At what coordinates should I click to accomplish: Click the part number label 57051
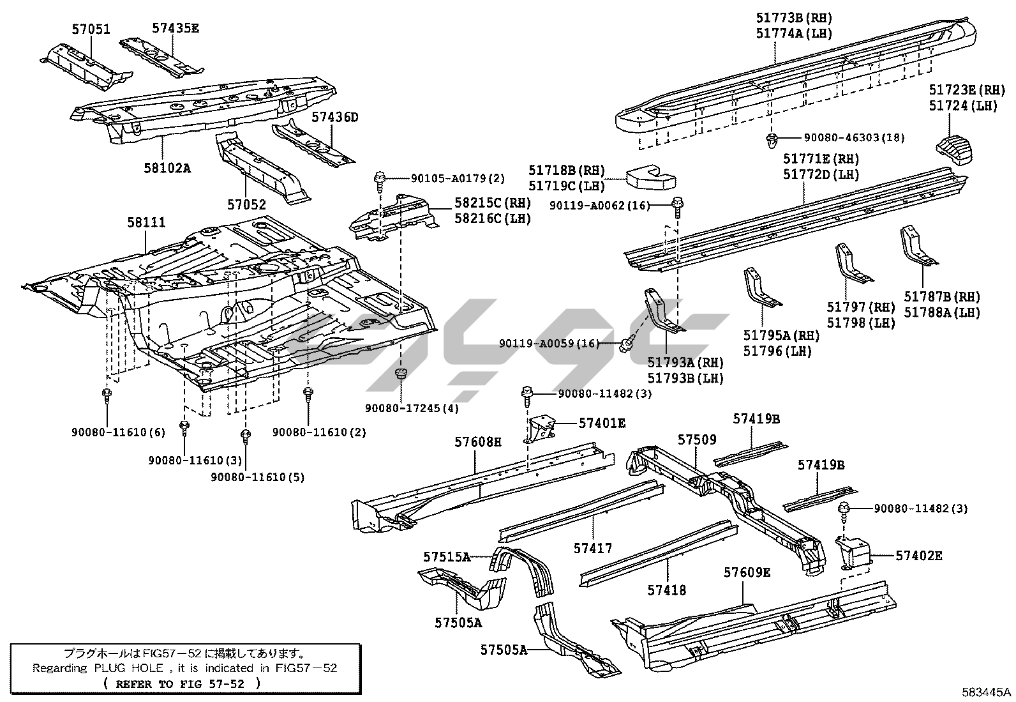(90, 29)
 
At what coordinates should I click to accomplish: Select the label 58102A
(167, 168)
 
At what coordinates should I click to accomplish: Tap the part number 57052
(246, 204)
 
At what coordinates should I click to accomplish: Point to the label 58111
(146, 222)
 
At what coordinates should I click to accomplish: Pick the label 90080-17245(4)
(412, 408)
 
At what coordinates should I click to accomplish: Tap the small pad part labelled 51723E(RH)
(955, 148)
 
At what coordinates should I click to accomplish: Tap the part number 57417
(592, 547)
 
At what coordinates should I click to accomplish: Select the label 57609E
(747, 572)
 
